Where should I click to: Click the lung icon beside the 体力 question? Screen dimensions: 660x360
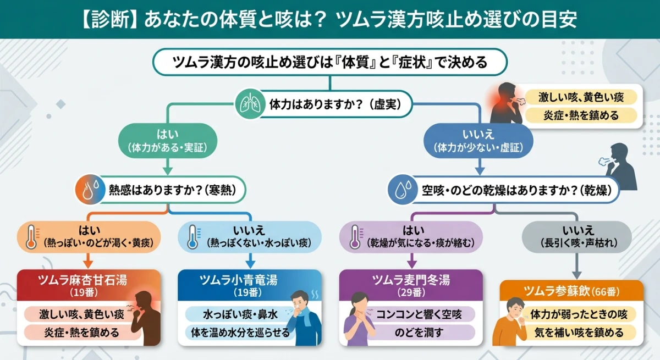pyautogui.click(x=246, y=103)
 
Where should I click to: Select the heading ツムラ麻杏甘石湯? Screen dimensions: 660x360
pyautogui.click(x=82, y=280)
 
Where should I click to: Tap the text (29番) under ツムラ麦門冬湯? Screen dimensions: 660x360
pyautogui.click(x=411, y=291)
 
